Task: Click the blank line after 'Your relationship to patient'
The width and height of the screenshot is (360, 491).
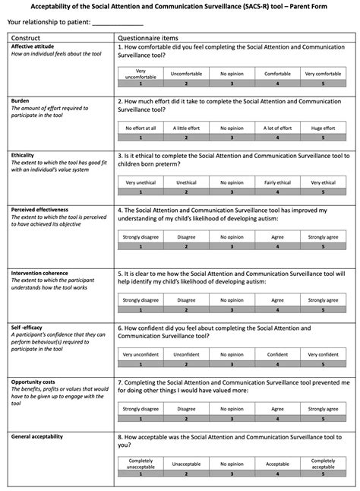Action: click(117, 24)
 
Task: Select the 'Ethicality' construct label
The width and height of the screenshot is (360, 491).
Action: click(24, 154)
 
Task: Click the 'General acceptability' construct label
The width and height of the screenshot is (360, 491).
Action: click(37, 436)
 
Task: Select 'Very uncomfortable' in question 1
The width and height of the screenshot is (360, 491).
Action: click(141, 74)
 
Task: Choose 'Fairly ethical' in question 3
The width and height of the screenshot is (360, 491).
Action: click(277, 182)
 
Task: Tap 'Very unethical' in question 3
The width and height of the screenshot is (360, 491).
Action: click(141, 182)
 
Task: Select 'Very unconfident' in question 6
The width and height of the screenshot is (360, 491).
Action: click(141, 353)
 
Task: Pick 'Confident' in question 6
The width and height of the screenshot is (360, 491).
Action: click(277, 353)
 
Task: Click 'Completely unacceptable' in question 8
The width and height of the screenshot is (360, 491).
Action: click(141, 463)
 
